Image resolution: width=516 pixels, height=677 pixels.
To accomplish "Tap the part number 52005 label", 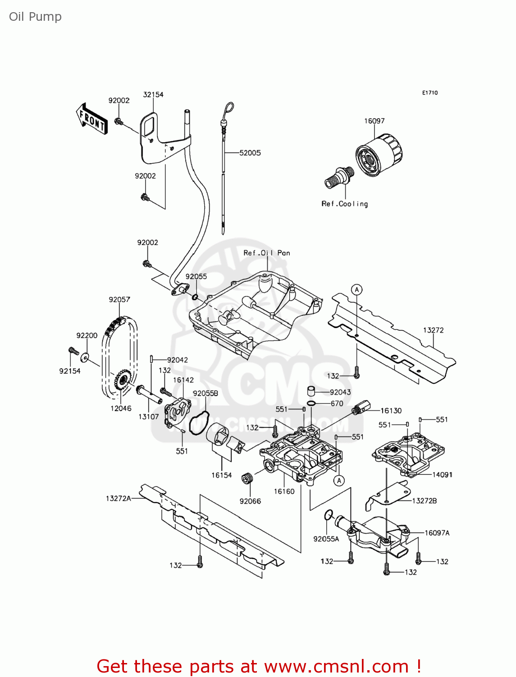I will [x=250, y=153].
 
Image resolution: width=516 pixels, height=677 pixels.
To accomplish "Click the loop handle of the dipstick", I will [x=229, y=109].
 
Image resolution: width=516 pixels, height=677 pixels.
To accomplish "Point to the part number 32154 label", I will [x=153, y=95].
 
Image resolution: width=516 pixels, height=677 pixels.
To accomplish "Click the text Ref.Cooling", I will [x=345, y=204].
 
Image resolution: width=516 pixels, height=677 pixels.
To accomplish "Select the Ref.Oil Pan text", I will [x=267, y=253].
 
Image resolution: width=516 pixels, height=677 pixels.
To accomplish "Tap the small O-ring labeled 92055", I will [x=195, y=297].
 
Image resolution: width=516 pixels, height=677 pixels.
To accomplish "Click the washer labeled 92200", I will [x=84, y=358].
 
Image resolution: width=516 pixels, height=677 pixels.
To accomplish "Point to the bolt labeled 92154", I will [x=73, y=351].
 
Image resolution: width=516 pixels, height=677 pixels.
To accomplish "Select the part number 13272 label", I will [x=433, y=330].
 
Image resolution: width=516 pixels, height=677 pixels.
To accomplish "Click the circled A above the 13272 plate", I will [x=357, y=290].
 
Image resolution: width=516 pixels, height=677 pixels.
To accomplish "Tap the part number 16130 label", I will [x=391, y=411].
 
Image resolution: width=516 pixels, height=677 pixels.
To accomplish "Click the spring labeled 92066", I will [x=247, y=478].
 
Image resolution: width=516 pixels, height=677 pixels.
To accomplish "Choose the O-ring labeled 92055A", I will [x=329, y=515].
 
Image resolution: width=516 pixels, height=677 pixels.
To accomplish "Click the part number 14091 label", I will [x=442, y=475].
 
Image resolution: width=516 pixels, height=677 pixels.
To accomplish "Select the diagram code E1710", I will [x=430, y=93].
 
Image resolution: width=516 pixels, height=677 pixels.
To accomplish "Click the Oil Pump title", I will [x=35, y=17].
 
